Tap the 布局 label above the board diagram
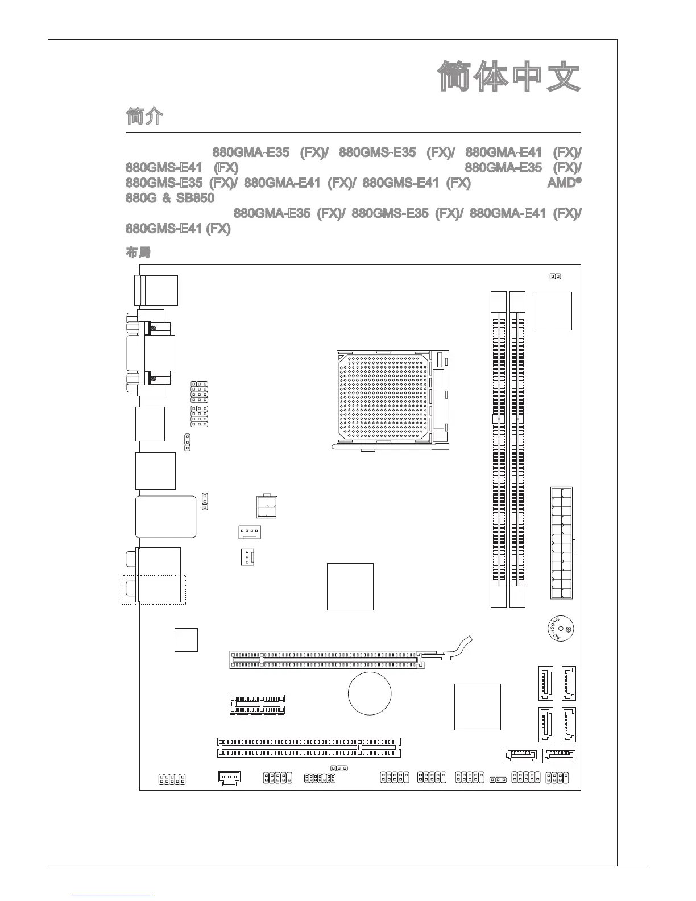[x=137, y=251]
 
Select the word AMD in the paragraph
[x=562, y=183]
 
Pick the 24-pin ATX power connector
[x=561, y=543]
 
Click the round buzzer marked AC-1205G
[x=560, y=629]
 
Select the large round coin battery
[x=370, y=693]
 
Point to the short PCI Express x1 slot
[x=257, y=704]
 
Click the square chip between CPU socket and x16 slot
[x=350, y=586]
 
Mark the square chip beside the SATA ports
[x=478, y=706]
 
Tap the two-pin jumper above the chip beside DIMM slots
[x=555, y=276]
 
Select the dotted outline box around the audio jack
[x=154, y=589]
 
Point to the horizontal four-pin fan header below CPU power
[x=249, y=532]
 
